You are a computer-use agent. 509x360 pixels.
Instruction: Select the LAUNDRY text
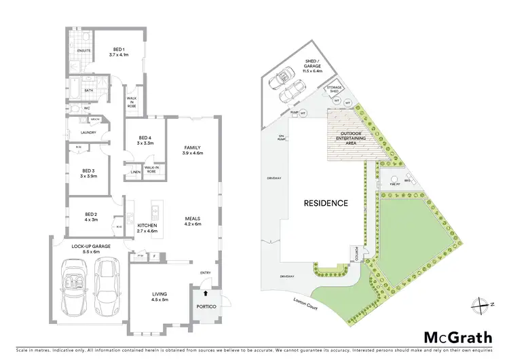tap(79, 132)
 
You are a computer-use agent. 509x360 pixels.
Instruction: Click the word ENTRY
tap(205, 273)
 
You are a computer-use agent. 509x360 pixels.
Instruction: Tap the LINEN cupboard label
tap(135, 172)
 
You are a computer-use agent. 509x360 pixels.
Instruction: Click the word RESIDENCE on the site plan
tap(325, 203)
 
